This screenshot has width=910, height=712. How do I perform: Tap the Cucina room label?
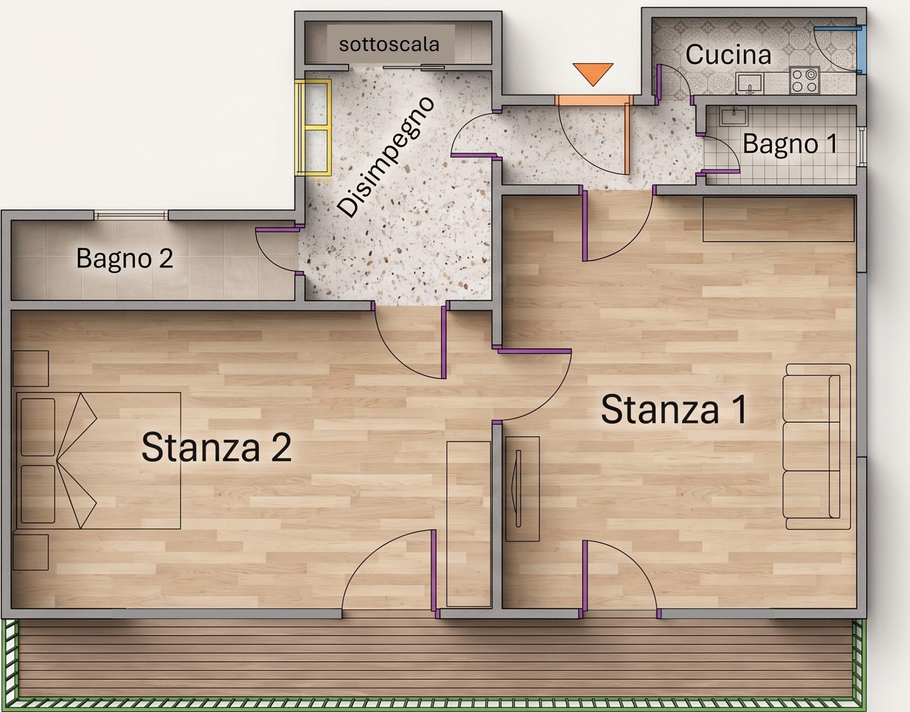click(728, 55)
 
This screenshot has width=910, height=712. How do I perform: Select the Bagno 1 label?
click(790, 144)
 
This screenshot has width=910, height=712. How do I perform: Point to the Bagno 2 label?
click(125, 258)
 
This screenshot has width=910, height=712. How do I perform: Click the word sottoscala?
click(389, 44)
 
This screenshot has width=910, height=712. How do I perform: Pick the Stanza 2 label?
click(216, 447)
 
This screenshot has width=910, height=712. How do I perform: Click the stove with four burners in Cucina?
click(804, 80)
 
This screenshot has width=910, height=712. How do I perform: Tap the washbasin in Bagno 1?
click(734, 116)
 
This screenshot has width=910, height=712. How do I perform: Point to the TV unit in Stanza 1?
click(523, 489)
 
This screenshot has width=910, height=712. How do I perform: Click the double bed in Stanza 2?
click(98, 460)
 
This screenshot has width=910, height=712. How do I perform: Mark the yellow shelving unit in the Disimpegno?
click(313, 128)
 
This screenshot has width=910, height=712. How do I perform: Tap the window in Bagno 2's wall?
click(131, 215)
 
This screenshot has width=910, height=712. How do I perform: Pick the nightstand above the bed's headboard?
click(31, 368)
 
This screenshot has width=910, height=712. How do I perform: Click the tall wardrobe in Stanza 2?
click(469, 524)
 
